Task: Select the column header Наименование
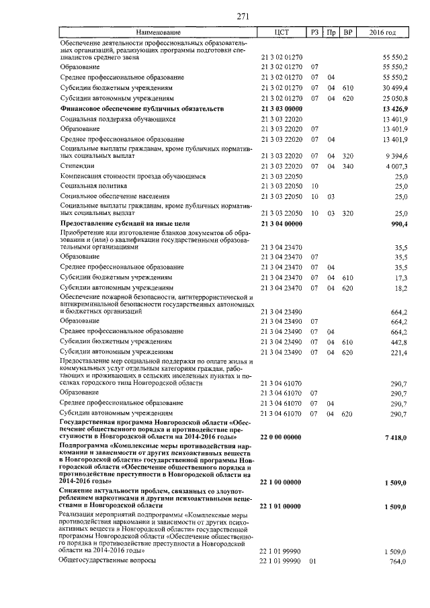159,32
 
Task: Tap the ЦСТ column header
282,32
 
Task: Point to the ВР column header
347,32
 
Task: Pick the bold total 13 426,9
393,108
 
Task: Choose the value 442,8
400,342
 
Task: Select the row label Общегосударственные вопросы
107,560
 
